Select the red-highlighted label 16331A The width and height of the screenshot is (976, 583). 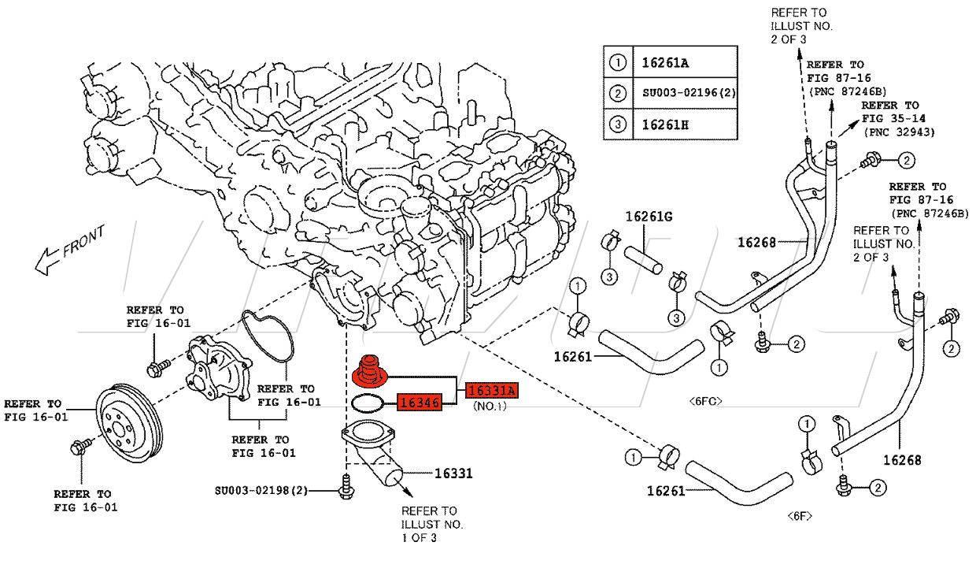click(493, 390)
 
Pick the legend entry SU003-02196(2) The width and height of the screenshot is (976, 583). click(686, 94)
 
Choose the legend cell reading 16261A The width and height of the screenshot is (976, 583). click(665, 62)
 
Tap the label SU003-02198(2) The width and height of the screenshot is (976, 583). click(261, 491)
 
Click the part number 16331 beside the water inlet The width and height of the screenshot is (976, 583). click(453, 473)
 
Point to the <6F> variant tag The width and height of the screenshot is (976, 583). click(800, 516)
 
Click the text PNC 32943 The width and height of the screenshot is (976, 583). click(899, 132)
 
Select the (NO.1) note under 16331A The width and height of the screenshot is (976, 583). click(489, 407)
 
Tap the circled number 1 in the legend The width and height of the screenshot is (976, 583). click(618, 62)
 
